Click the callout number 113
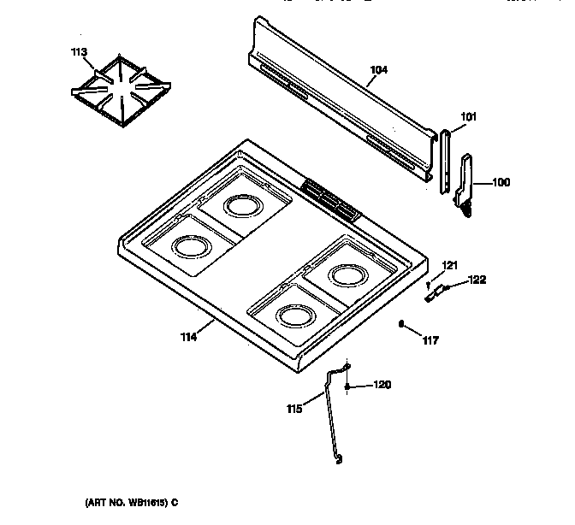coord(79,52)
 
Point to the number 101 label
coord(468,117)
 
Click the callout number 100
coord(501,181)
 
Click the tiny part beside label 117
coord(401,323)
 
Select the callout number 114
coord(188,337)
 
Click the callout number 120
coord(382,386)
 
